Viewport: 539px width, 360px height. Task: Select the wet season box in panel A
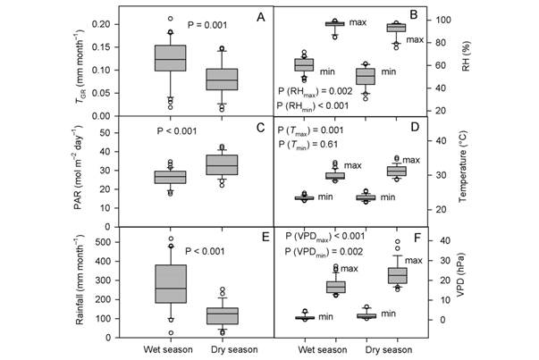click(171, 58)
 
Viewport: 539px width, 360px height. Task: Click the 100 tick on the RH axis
click(437, 20)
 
